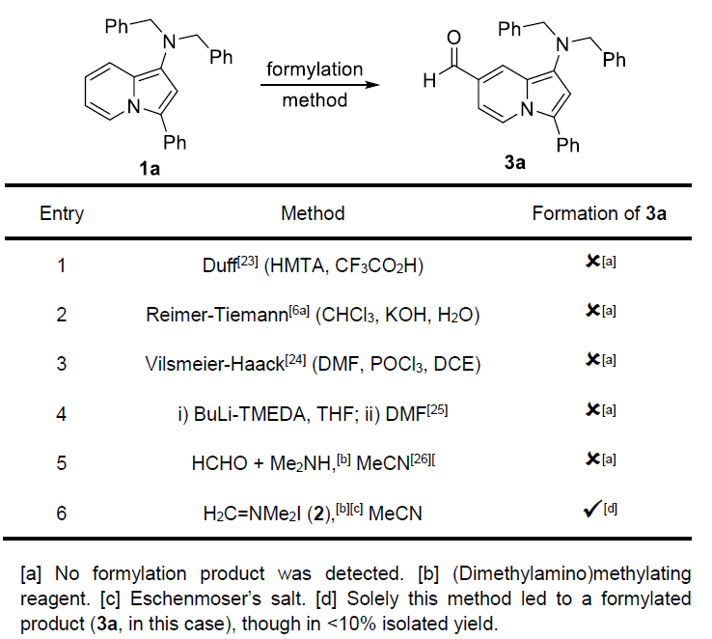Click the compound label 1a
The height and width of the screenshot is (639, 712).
pyautogui.click(x=150, y=167)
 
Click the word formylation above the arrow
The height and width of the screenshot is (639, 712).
pyautogui.click(x=315, y=69)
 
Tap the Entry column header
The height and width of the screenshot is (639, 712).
pyautogui.click(x=62, y=213)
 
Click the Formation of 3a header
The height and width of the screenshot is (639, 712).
pyautogui.click(x=599, y=213)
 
